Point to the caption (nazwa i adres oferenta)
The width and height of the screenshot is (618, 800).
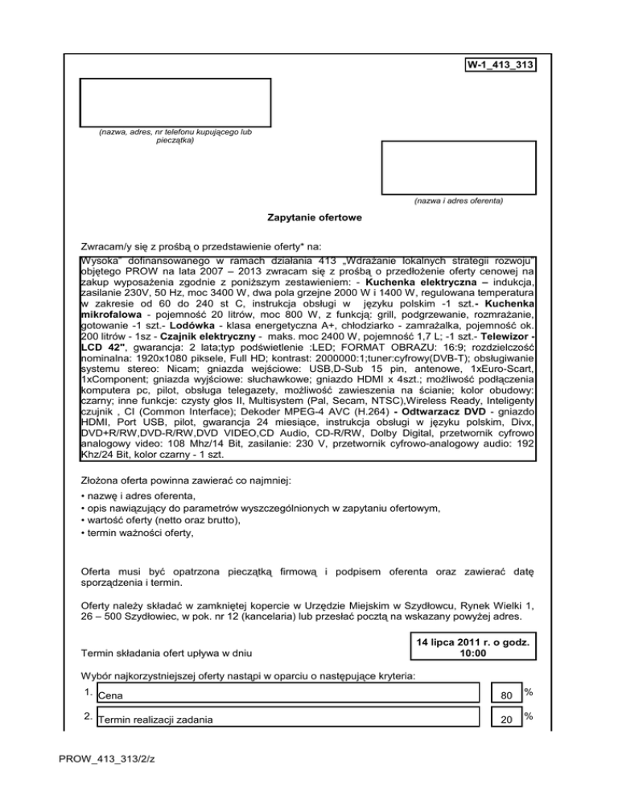[458, 200]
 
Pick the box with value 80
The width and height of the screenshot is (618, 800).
[504, 695]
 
